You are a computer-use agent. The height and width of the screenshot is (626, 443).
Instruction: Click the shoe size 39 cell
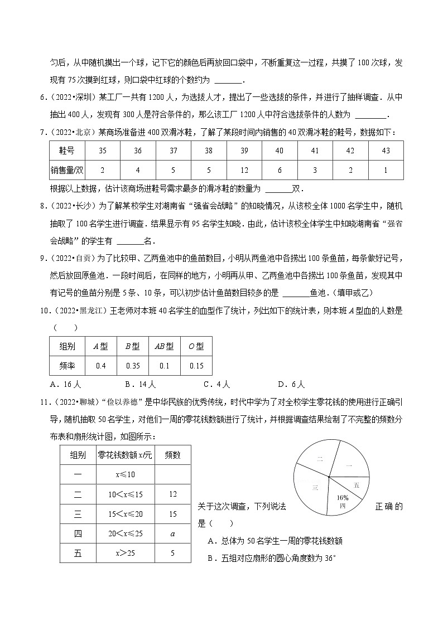[x=244, y=151]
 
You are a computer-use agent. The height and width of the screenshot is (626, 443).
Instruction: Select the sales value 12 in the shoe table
[x=244, y=169]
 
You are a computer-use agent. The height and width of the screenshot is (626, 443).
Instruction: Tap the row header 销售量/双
[x=67, y=169]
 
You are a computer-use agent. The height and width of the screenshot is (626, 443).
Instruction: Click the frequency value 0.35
[x=133, y=366]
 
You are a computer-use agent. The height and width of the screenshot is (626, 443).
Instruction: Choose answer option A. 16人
[x=66, y=384]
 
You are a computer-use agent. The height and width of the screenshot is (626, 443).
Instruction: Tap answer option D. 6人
[x=291, y=384]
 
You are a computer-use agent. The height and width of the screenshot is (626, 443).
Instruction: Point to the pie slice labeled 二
[x=320, y=459]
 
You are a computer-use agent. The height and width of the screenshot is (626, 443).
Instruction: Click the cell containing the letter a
[x=172, y=533]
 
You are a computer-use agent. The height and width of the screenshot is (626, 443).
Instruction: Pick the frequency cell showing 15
[x=172, y=513]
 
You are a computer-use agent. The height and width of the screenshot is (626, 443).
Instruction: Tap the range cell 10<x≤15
[x=125, y=493]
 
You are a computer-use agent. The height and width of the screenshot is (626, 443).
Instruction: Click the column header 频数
[x=172, y=455]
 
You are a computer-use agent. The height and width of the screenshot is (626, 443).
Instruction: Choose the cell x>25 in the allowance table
[x=125, y=554]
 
